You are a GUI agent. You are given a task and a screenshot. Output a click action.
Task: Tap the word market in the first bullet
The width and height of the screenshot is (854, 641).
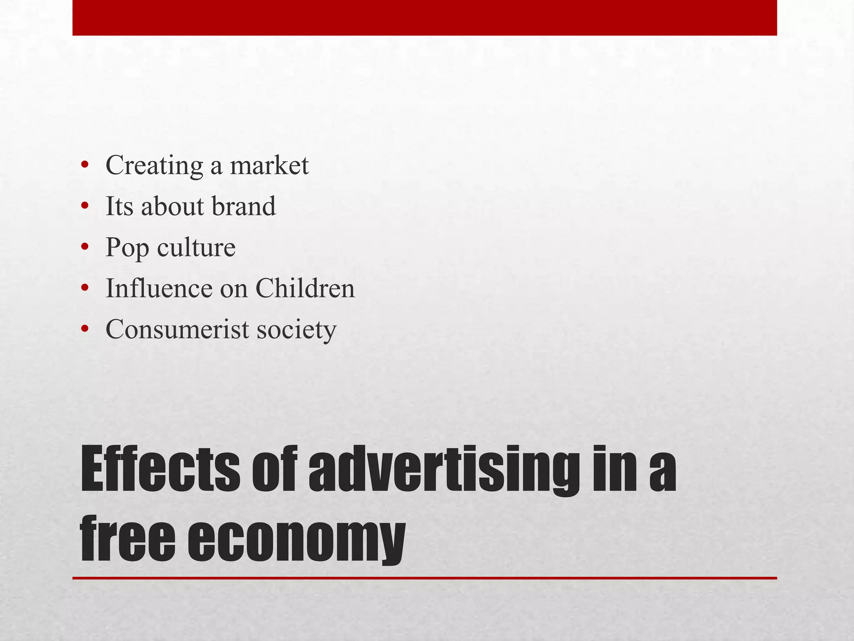269,166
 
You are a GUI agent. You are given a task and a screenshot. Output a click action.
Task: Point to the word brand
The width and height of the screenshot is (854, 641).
244,206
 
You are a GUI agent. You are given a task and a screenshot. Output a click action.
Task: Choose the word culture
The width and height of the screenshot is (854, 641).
196,247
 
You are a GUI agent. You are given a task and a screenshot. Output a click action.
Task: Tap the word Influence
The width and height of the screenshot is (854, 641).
159,288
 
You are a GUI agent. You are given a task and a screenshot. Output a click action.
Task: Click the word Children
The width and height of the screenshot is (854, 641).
305,288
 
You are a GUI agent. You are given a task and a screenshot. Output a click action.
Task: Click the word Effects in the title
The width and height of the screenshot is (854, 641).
160,469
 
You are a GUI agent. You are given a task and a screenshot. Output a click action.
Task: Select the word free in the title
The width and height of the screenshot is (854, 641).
128,538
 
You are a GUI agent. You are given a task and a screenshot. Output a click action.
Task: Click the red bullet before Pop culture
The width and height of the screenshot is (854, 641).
85,247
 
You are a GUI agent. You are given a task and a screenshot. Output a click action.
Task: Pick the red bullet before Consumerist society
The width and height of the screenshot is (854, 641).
85,329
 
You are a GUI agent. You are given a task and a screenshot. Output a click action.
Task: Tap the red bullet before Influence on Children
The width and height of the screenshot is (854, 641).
85,288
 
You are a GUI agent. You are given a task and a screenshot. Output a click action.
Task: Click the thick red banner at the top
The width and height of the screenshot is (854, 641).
424,18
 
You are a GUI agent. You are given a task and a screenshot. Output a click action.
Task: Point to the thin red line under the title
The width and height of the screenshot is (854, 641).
424,578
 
